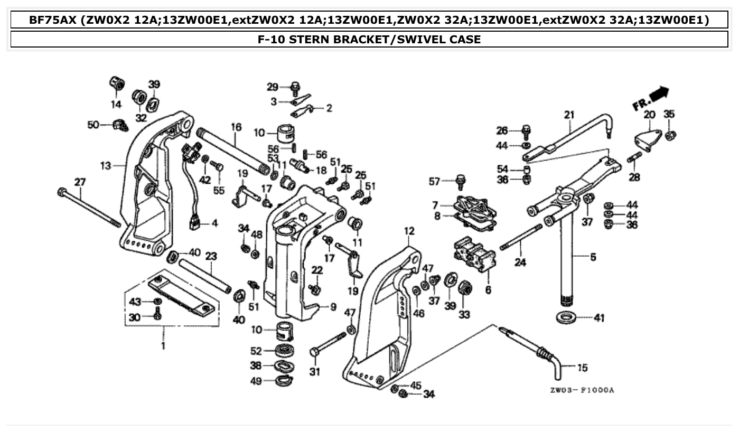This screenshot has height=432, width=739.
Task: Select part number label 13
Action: click(x=105, y=166)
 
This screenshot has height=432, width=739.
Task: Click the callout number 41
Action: click(x=598, y=318)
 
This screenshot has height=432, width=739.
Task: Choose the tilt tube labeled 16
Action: click(x=232, y=149)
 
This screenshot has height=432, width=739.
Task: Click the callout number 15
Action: click(x=582, y=368)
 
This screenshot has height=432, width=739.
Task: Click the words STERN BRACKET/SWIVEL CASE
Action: click(x=369, y=39)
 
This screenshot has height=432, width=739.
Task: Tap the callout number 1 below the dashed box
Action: click(x=163, y=346)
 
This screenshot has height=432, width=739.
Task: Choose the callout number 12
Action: click(x=409, y=231)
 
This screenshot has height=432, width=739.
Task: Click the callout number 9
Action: click(x=333, y=306)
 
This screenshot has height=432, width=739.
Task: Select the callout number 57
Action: click(x=435, y=182)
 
